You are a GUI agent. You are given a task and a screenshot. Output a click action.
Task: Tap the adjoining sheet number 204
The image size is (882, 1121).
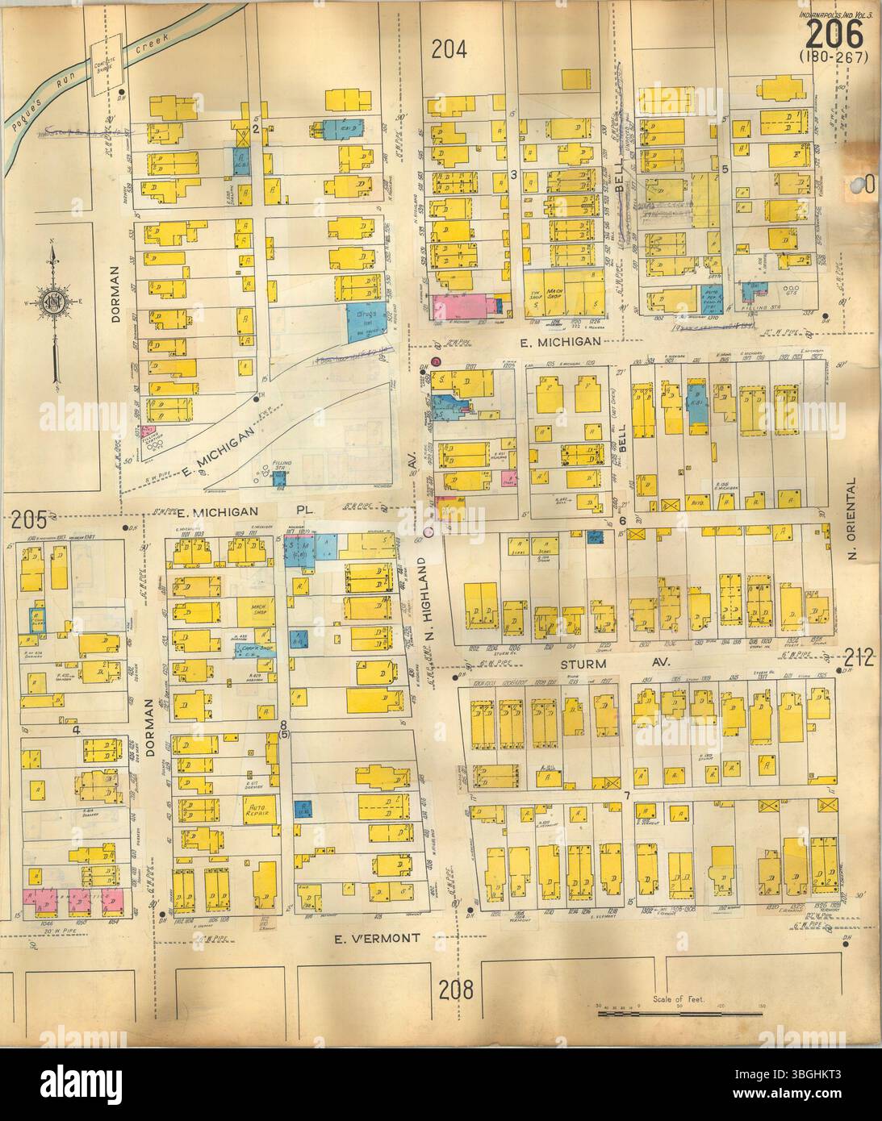click(x=449, y=50)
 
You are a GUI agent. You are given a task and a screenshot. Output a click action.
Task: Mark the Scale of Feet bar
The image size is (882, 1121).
click(x=679, y=1013)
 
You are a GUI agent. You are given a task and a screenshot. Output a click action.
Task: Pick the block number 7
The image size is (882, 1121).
click(x=626, y=796)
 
